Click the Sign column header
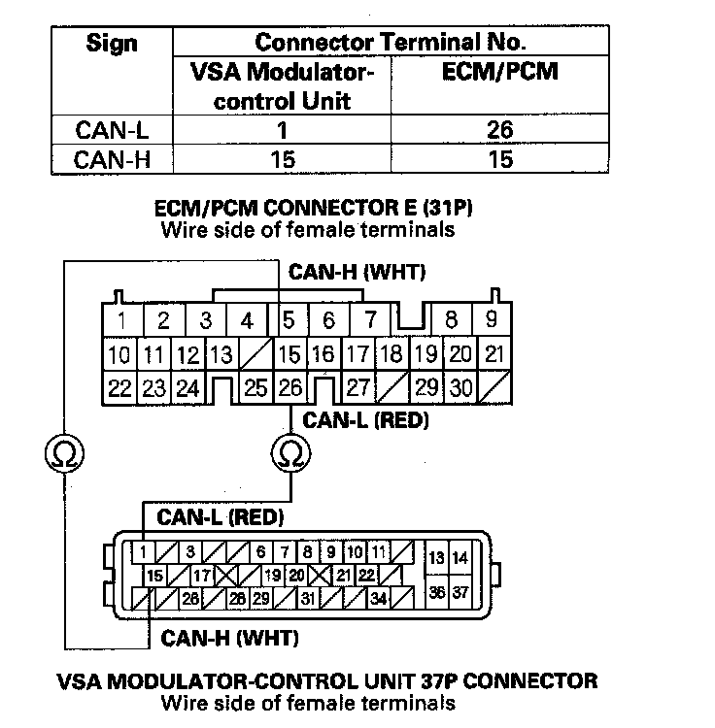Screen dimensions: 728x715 (112, 44)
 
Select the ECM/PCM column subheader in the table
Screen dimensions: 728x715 (501, 72)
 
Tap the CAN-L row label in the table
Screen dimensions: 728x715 (112, 130)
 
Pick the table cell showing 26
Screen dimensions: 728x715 (501, 130)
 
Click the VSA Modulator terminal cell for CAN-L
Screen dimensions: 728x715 (282, 130)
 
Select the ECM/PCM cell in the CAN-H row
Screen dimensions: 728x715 (501, 158)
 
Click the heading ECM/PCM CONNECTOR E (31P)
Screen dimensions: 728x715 (322, 209)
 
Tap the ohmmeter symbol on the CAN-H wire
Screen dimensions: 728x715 (64, 452)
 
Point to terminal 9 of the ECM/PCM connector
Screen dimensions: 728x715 (493, 319)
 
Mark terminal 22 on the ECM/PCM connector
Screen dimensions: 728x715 (119, 389)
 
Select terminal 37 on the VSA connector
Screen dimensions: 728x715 (460, 592)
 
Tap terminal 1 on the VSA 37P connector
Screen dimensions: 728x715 (143, 553)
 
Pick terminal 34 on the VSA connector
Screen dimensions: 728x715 (379, 599)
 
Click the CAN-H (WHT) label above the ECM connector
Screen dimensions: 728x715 (357, 273)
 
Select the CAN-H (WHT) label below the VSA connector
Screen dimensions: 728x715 (230, 639)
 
